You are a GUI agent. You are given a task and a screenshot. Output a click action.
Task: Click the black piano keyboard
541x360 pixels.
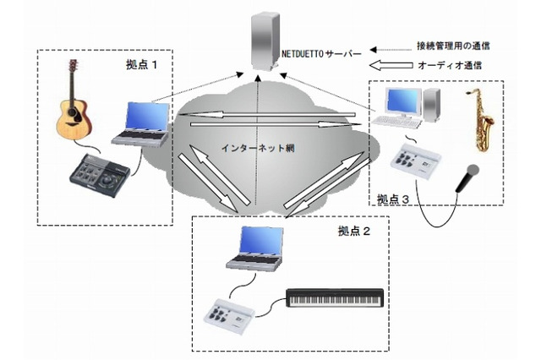(x=336, y=297)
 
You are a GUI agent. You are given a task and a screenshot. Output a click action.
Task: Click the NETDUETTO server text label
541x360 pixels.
(x=321, y=53)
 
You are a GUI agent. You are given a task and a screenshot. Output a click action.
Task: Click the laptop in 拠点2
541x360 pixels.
(x=254, y=250)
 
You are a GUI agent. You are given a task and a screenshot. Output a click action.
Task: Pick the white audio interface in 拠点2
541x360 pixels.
(x=232, y=314)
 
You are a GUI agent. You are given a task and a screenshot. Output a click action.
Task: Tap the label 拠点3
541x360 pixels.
(x=395, y=199)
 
